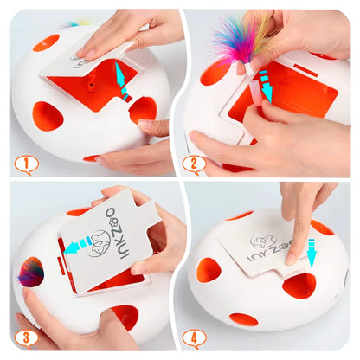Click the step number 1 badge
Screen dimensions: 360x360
click(26, 162)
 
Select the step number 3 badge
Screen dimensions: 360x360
click(27, 339)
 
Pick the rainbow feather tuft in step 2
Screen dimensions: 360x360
click(243, 40)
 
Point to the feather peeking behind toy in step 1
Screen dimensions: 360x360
click(74, 23)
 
